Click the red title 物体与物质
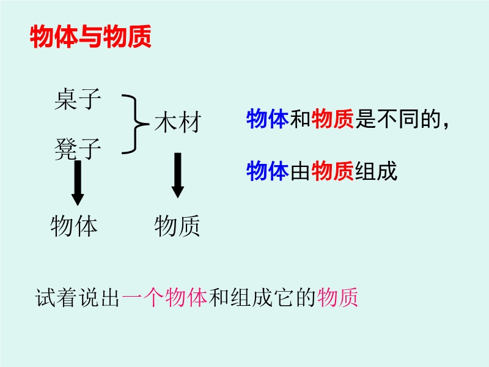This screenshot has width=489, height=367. point(90,37)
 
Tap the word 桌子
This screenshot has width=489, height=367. point(78,99)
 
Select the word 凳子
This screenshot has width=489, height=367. point(78,149)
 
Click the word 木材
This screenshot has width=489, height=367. point(178,122)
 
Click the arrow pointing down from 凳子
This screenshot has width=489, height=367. point(78,183)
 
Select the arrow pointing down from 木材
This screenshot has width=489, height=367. point(178,176)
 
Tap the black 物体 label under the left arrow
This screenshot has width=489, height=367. point(74,226)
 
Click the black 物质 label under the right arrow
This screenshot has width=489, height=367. point(177,226)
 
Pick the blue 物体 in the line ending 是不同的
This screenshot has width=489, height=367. point(268,119)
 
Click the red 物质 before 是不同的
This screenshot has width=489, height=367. point(333,119)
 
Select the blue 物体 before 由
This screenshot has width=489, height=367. point(268,171)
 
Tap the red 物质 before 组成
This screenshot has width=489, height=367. point(333,171)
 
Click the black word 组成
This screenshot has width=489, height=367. point(376,171)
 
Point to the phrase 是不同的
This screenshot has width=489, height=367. point(398,119)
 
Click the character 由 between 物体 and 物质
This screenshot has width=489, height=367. point(300,171)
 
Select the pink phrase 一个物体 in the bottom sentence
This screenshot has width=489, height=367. point(164,297)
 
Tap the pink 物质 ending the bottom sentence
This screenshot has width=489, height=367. point(337,297)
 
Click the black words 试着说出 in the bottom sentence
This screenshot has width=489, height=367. point(78,297)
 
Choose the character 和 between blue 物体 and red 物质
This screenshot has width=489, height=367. point(300,119)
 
